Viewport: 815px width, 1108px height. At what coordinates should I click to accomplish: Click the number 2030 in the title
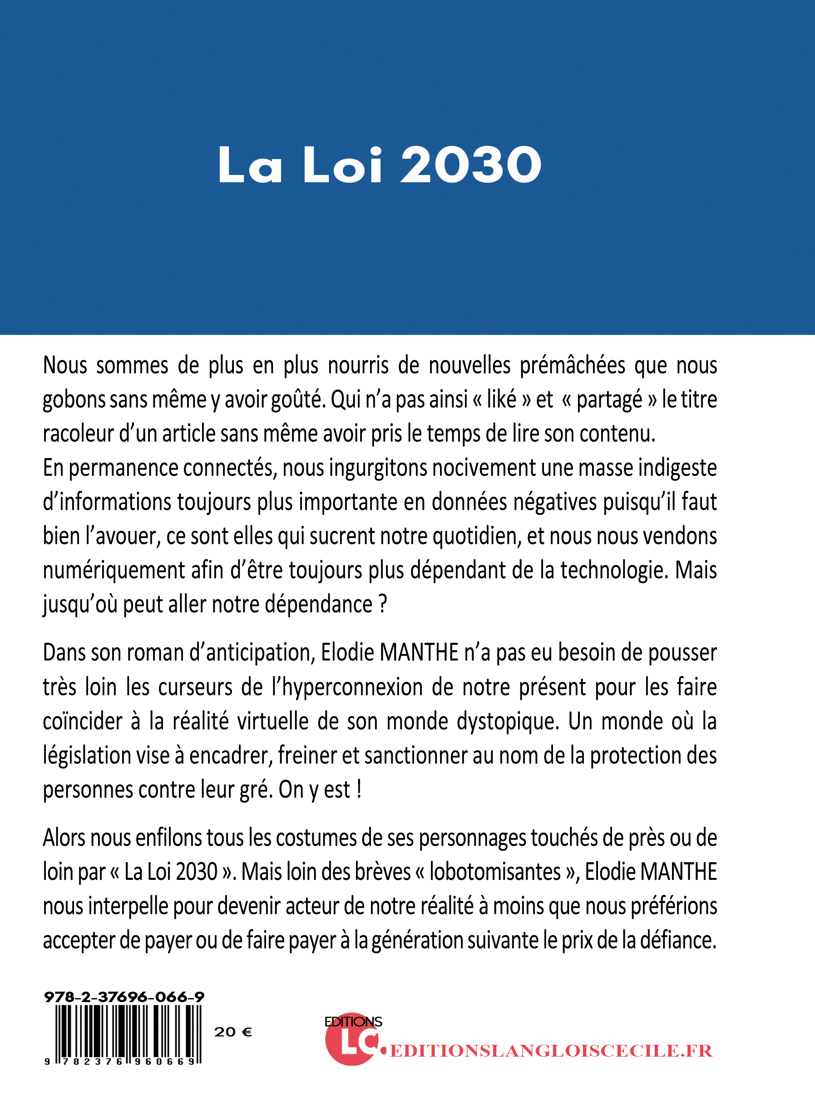tap(471, 165)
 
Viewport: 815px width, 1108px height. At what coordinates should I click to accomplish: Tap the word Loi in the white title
tap(343, 165)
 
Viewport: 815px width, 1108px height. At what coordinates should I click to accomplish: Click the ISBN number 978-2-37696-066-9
tap(124, 997)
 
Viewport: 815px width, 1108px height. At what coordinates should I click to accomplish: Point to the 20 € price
tap(233, 1032)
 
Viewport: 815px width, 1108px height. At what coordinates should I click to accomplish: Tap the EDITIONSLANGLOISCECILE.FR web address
tap(551, 1051)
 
